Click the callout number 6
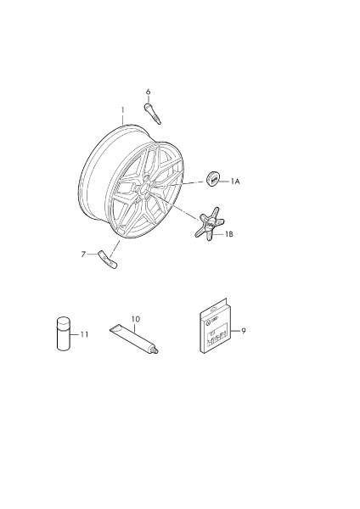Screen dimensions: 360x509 [148, 92]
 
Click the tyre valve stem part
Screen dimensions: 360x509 [152, 114]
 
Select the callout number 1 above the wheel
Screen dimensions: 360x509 [123, 110]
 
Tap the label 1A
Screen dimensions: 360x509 [235, 182]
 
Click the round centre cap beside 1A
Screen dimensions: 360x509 [213, 179]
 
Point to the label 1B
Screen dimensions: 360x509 [228, 234]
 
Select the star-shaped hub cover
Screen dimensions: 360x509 [210, 226]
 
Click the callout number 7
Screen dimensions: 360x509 [83, 255]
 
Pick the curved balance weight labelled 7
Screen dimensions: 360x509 [108, 260]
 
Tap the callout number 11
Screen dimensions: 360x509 [84, 334]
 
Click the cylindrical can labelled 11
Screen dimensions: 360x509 [64, 333]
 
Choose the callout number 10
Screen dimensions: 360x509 [136, 319]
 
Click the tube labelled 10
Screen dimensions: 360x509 [134, 339]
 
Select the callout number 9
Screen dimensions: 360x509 [244, 331]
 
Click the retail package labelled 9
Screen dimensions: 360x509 [215, 326]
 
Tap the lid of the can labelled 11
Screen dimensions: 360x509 [64, 322]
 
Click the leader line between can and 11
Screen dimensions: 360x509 [75, 334]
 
